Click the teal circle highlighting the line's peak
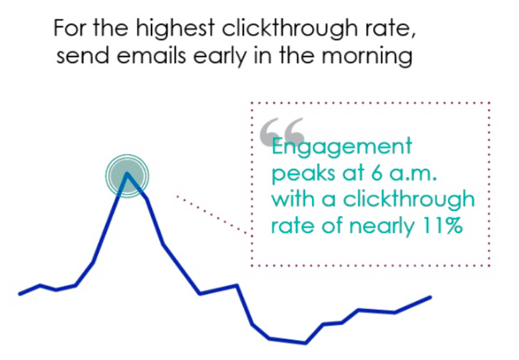pos(127,173)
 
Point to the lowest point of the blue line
pos(306,343)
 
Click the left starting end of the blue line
pos(20,294)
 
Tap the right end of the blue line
pos(430,297)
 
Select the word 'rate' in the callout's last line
pos(290,225)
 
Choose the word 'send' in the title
pos(76,56)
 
